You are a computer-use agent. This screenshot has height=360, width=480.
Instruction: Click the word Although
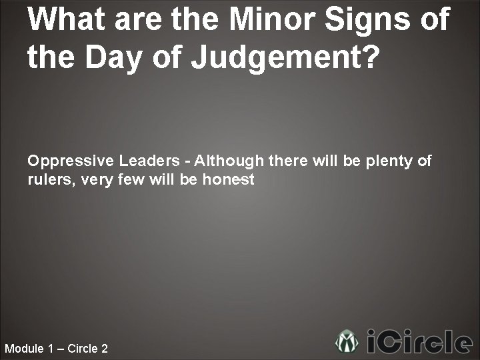(x=230, y=161)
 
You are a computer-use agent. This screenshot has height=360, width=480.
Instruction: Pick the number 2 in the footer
(x=104, y=349)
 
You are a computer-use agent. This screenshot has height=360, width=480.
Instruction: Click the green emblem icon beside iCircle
(x=347, y=342)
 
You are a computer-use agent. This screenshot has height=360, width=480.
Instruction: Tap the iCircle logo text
(x=420, y=342)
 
